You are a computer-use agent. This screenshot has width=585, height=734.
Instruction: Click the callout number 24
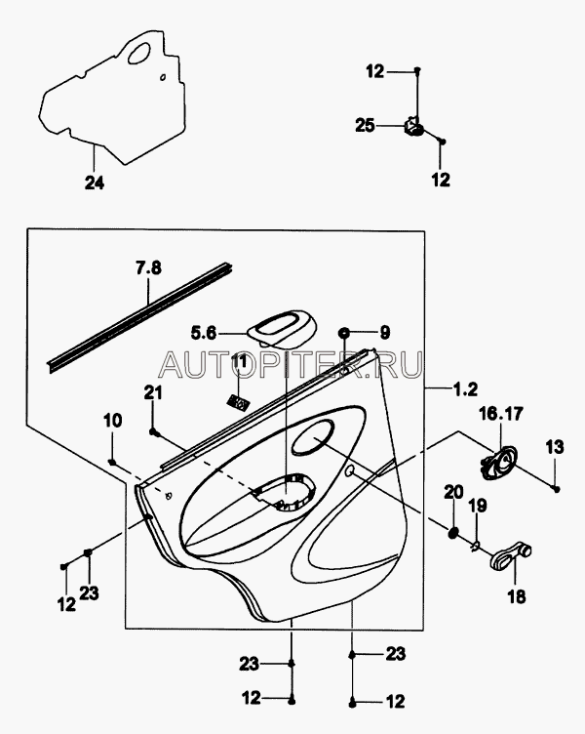(x=95, y=183)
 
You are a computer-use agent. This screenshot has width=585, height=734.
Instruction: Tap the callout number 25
(x=366, y=126)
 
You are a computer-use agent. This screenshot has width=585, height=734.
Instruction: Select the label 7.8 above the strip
(x=149, y=268)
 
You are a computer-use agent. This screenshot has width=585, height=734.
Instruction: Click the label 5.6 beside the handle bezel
(x=204, y=333)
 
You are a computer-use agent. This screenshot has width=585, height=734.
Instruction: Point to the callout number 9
(x=384, y=333)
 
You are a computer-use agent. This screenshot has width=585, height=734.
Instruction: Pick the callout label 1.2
(x=465, y=389)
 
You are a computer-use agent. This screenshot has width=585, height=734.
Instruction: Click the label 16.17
(x=501, y=414)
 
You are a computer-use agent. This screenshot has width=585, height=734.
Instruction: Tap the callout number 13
(x=555, y=447)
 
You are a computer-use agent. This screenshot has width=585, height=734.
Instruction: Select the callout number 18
(x=516, y=596)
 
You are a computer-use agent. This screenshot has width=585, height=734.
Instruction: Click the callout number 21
(x=153, y=392)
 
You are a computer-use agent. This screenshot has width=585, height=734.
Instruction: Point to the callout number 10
(x=113, y=421)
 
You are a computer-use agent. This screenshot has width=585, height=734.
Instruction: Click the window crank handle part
(x=511, y=555)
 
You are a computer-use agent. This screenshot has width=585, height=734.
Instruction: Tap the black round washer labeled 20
(x=452, y=532)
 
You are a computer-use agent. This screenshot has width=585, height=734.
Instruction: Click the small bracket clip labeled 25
(x=413, y=127)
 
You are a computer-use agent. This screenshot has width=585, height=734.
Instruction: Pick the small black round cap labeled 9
(x=344, y=333)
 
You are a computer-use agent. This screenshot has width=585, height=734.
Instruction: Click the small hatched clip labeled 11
(x=238, y=401)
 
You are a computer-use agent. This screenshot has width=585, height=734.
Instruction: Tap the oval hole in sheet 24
(x=138, y=53)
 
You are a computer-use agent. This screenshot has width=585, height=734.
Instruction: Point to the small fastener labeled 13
(x=557, y=489)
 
